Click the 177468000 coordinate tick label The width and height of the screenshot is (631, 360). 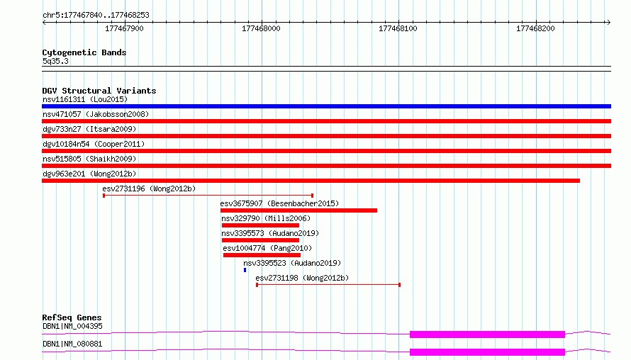[x=261, y=28]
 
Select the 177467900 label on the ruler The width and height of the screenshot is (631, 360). [x=124, y=28]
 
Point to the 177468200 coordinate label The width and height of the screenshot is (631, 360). [x=535, y=28]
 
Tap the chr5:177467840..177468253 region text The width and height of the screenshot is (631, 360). [x=96, y=15]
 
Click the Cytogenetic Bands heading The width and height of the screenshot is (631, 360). [x=84, y=52]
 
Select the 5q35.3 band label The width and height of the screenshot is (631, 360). [x=55, y=61]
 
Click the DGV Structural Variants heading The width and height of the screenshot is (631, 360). [x=99, y=91]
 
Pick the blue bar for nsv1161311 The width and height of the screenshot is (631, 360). [x=326, y=106]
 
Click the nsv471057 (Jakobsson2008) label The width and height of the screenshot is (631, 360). [x=96, y=114]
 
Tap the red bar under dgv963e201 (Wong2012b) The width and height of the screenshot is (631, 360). [x=311, y=181]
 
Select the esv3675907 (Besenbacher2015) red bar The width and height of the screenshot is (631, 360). [x=298, y=210]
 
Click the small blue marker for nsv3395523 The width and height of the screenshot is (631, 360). [x=245, y=270]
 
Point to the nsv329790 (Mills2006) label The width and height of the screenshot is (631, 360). [x=266, y=218]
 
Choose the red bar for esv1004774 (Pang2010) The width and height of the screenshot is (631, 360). [x=262, y=255]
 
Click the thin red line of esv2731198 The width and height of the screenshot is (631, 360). [x=328, y=285]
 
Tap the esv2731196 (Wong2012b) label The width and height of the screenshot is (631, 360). [x=149, y=189]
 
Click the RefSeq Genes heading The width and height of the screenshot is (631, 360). [x=72, y=317]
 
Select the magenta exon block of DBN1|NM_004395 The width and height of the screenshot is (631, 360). [x=487, y=334]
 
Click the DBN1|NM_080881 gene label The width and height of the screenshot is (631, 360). [x=72, y=344]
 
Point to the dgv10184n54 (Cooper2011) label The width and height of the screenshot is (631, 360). [x=94, y=144]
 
